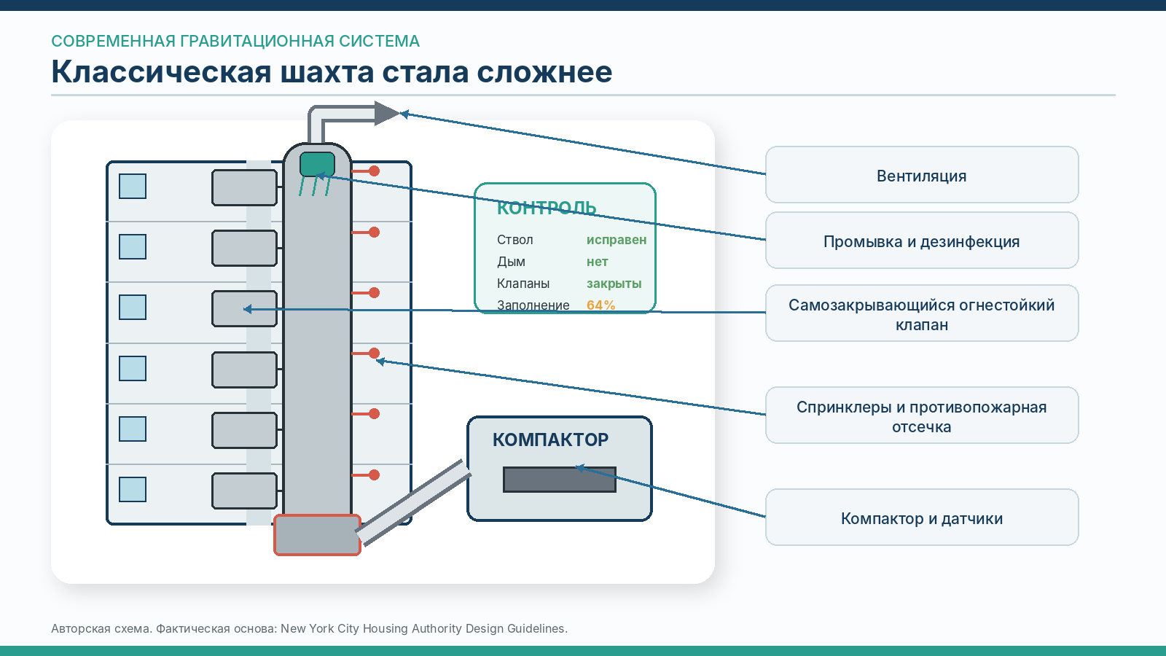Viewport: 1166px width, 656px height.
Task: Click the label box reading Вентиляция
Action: pyautogui.click(x=922, y=175)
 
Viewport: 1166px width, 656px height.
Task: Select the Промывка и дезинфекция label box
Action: pyautogui.click(x=922, y=241)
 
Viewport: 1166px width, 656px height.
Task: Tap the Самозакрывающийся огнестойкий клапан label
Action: pyautogui.click(x=922, y=313)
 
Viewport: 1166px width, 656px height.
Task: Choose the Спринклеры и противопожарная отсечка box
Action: pyautogui.click(x=922, y=415)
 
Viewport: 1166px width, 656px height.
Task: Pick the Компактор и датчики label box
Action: pyautogui.click(x=922, y=518)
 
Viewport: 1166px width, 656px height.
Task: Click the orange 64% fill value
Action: pyautogui.click(x=600, y=305)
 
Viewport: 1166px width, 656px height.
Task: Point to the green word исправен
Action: pyautogui.click(x=617, y=240)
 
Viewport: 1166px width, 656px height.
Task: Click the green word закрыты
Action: pyautogui.click(x=614, y=284)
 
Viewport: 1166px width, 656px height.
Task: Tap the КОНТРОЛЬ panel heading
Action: pyautogui.click(x=546, y=208)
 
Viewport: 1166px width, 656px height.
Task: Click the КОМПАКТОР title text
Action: pyautogui.click(x=550, y=440)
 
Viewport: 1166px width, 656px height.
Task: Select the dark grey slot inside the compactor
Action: pyautogui.click(x=560, y=480)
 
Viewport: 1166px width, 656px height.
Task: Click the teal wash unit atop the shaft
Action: pyautogui.click(x=318, y=165)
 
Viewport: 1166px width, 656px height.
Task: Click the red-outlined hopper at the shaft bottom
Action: pyautogui.click(x=318, y=535)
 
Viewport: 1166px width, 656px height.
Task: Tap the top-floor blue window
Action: pyautogui.click(x=133, y=187)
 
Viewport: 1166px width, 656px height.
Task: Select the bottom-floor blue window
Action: pyautogui.click(x=133, y=489)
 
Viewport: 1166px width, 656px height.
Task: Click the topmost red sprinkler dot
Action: pyautogui.click(x=375, y=171)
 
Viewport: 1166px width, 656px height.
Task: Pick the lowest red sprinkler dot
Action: pyautogui.click(x=375, y=475)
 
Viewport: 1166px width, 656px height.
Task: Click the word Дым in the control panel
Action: pyautogui.click(x=511, y=262)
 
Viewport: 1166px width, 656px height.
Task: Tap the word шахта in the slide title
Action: pyautogui.click(x=327, y=72)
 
